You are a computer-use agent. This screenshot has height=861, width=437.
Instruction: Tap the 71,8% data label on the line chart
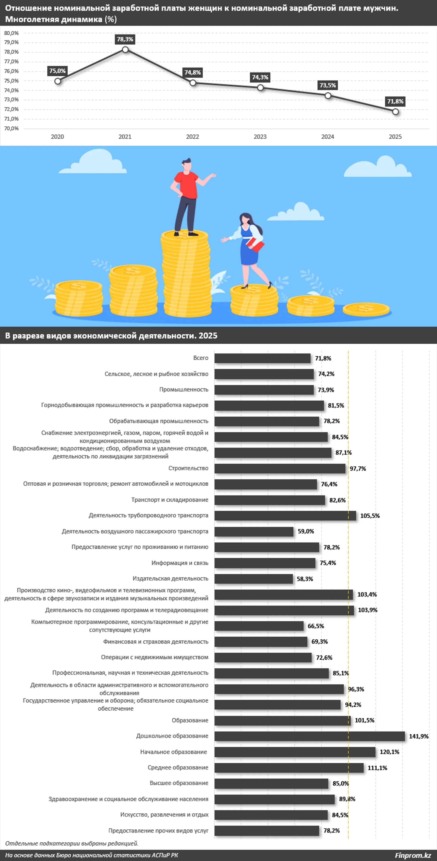pyautogui.click(x=395, y=101)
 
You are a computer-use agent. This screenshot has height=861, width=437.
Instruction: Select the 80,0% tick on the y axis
pyautogui.click(x=11, y=33)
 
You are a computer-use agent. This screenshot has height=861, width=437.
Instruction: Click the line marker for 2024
pyautogui.click(x=328, y=96)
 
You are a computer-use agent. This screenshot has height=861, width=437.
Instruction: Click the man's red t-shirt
pyautogui.click(x=186, y=184)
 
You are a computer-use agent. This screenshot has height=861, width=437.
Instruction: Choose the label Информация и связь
pyautogui.click(x=180, y=563)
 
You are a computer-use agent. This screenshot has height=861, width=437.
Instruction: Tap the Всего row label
pyautogui.click(x=201, y=358)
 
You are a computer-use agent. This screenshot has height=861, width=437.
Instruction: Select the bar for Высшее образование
pyautogui.click(x=271, y=783)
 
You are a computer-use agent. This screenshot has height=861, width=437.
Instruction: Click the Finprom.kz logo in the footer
pyautogui.click(x=413, y=855)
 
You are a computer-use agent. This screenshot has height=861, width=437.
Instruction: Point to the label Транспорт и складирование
pyautogui.click(x=170, y=500)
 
